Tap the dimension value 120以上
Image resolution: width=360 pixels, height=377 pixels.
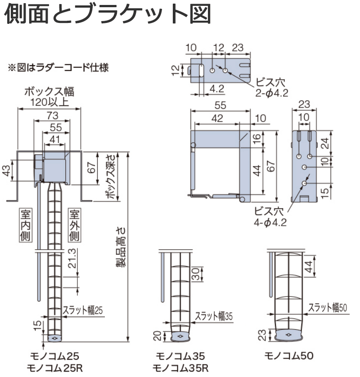[x=49, y=102]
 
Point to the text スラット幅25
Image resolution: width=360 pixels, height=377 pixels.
[x=83, y=310]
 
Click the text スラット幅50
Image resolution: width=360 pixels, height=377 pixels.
[x=328, y=307]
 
